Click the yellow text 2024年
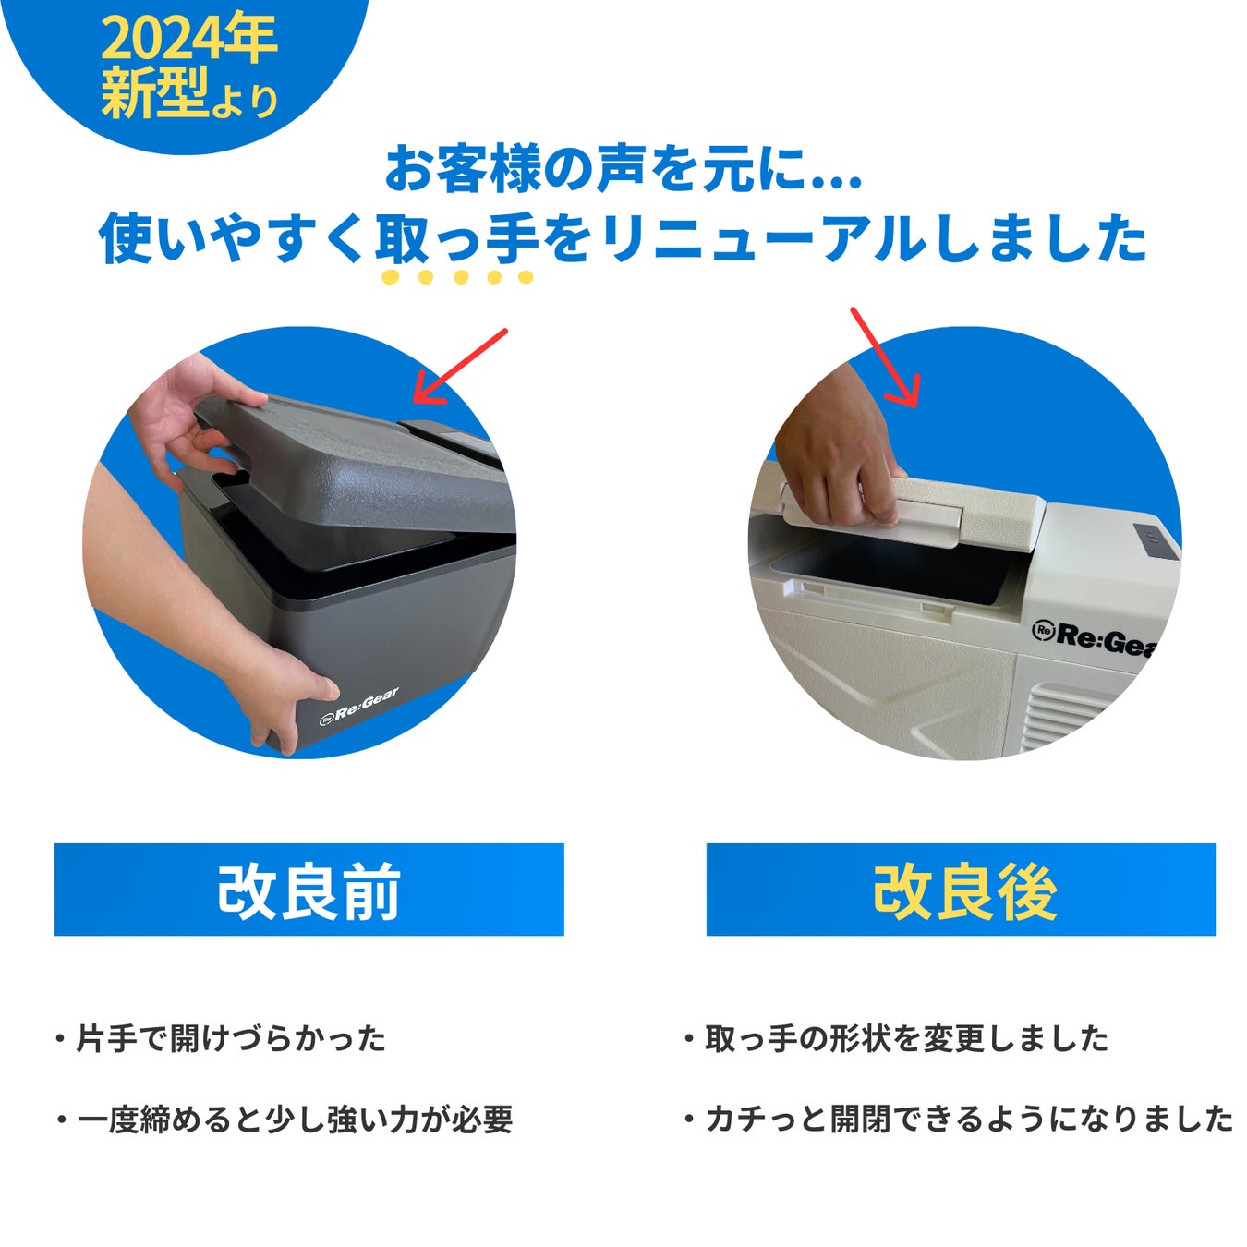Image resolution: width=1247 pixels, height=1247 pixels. click(189, 38)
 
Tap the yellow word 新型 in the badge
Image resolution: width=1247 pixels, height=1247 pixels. click(155, 93)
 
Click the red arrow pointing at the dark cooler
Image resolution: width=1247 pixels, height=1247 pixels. click(460, 367)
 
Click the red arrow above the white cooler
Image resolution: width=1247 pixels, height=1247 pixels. click(885, 357)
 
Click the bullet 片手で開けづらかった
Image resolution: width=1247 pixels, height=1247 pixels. click(223, 1038)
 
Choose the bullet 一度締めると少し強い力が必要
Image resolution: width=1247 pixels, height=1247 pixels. click(285, 1119)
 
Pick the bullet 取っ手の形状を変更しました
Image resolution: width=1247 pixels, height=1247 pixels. click(897, 1038)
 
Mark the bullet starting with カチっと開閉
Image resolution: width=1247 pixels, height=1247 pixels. click(959, 1119)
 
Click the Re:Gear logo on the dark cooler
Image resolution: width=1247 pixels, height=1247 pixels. click(359, 708)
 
